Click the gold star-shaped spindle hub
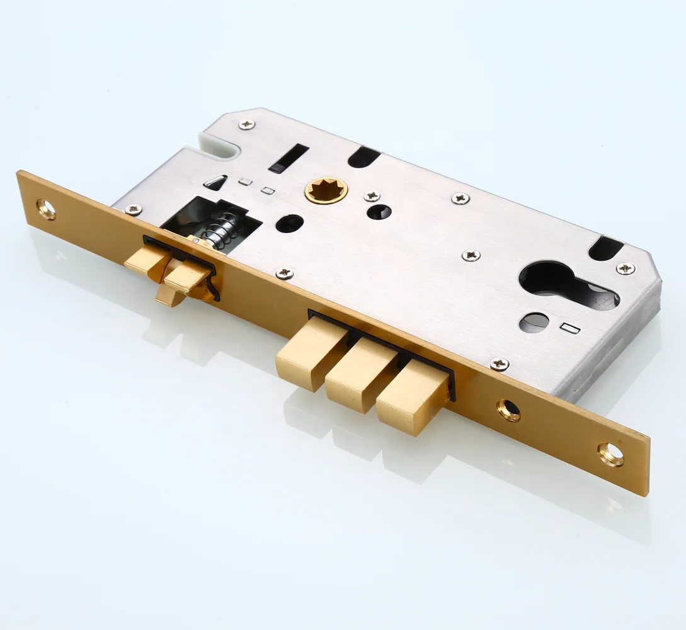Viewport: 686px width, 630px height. tap(326, 190)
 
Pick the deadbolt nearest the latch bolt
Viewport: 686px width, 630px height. tap(309, 353)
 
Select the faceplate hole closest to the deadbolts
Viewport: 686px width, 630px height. tap(508, 410)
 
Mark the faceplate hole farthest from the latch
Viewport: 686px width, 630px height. tap(610, 454)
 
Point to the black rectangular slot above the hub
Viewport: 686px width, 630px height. tap(289, 157)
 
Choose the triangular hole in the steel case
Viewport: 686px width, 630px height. tap(215, 182)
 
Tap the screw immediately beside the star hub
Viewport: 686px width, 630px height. tap(372, 196)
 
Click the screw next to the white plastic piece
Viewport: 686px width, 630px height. tap(246, 124)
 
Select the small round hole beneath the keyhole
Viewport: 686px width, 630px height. tap(534, 322)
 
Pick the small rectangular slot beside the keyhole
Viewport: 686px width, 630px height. tap(569, 328)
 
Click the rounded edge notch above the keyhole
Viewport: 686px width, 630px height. tap(606, 248)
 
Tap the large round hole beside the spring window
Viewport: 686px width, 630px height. tap(289, 223)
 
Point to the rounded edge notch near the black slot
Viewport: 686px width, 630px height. tap(363, 157)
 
